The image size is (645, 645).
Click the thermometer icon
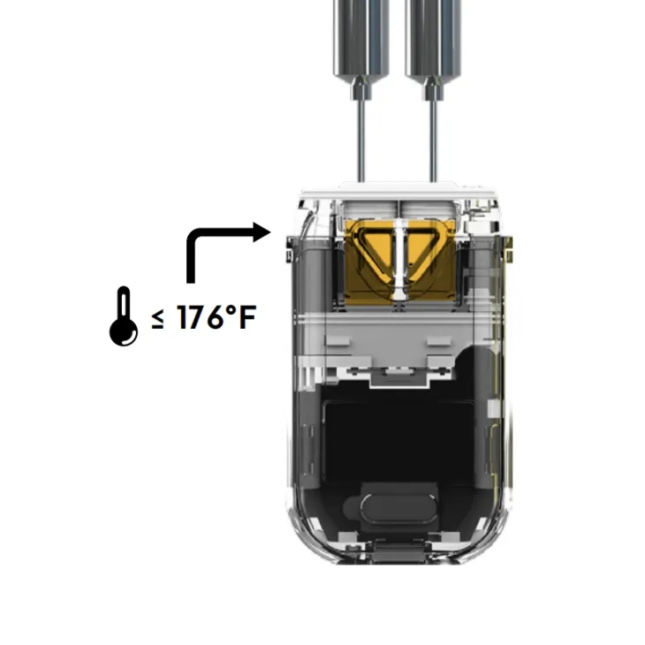124,316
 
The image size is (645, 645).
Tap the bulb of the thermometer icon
124,332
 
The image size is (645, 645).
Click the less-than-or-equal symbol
157,319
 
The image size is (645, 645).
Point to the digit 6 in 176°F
216,317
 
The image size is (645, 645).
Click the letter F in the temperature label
247,317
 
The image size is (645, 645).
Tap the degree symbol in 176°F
231,310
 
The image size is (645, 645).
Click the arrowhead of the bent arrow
262,232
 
